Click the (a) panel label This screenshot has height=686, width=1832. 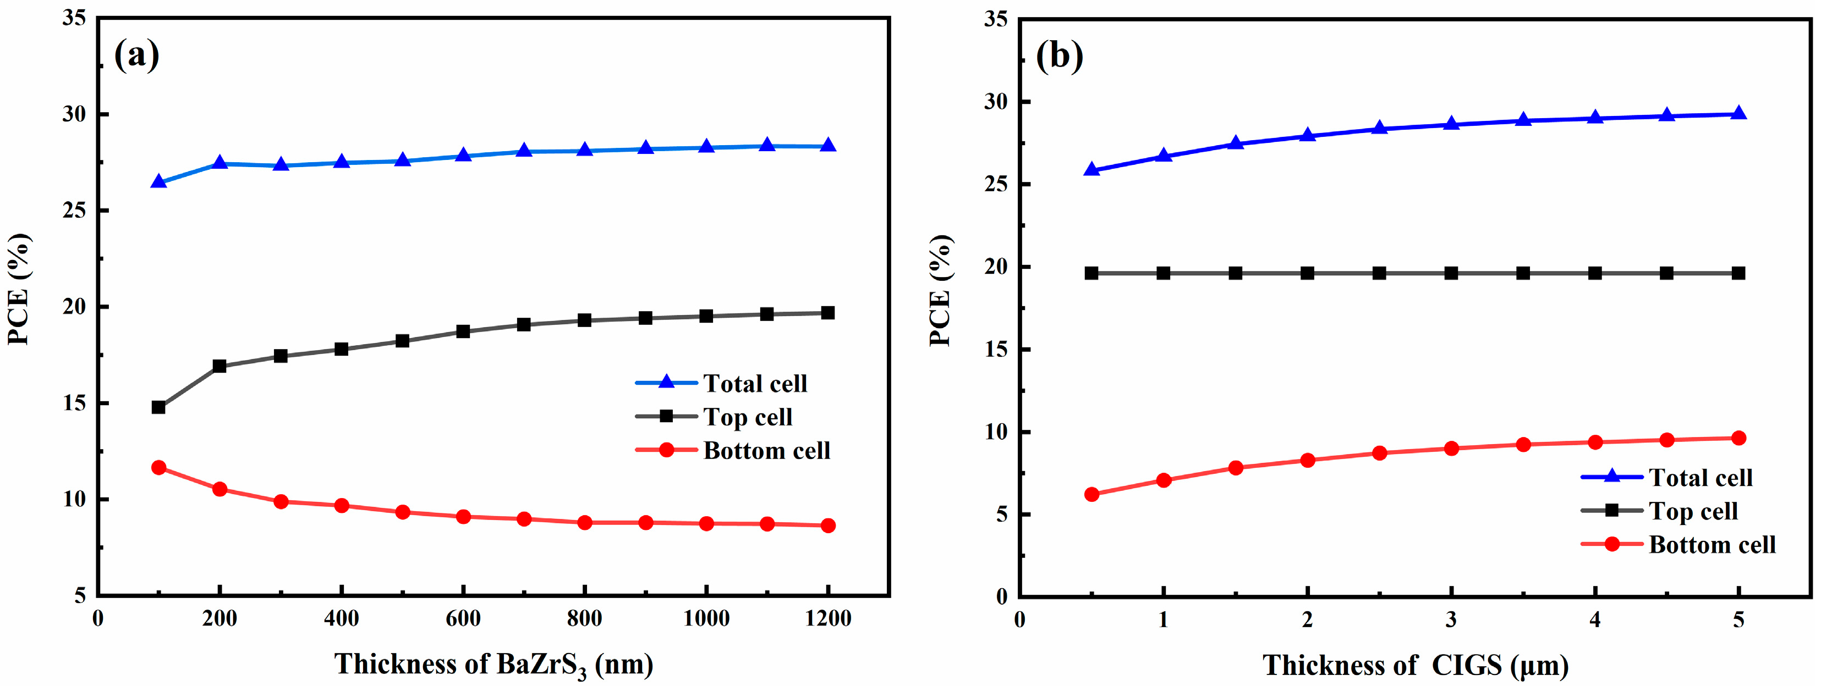(136, 55)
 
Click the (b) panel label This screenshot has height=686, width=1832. (1059, 55)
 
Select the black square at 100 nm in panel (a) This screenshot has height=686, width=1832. (158, 407)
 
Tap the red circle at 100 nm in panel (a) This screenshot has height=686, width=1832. (158, 467)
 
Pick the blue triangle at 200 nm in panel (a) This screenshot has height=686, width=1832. (220, 163)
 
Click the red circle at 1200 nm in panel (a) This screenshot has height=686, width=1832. (828, 525)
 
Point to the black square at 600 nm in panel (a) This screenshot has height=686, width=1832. (463, 331)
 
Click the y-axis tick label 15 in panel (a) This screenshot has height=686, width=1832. (74, 403)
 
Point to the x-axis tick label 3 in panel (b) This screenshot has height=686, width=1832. (1451, 620)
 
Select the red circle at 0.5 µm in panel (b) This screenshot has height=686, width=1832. (1091, 494)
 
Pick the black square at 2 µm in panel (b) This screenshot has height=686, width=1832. (1307, 273)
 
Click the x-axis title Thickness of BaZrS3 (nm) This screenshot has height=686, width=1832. (493, 665)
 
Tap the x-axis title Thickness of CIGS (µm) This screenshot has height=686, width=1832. (1415, 665)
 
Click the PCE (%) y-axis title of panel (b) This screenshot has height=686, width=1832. (940, 290)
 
